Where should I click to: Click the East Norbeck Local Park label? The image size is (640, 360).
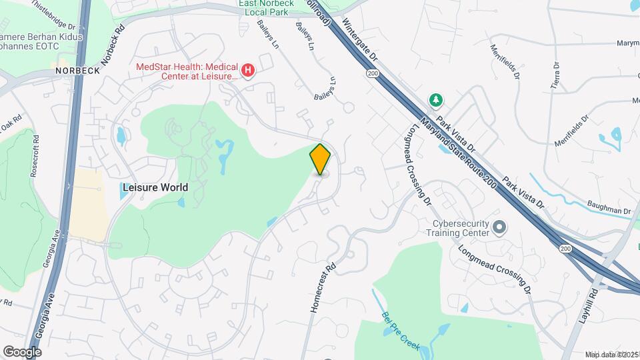(x=267, y=8)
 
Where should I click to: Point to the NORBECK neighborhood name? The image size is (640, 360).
(x=77, y=71)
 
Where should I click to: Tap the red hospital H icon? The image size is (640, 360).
(x=248, y=70)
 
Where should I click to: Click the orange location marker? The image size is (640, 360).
(x=321, y=159)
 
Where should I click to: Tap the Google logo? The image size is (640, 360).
(x=22, y=351)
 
